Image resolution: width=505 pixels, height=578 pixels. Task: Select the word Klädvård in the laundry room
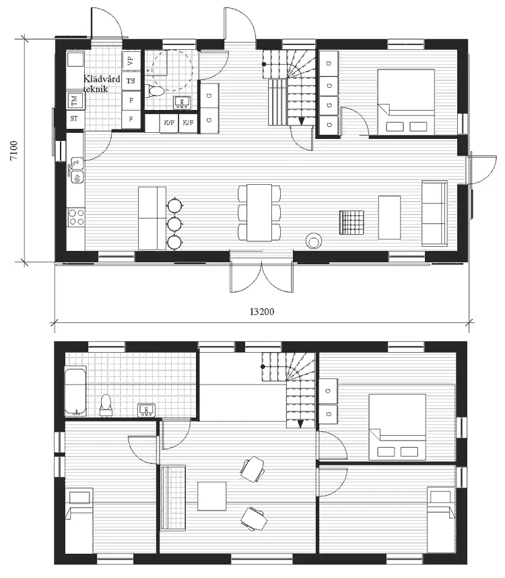pyautogui.click(x=101, y=78)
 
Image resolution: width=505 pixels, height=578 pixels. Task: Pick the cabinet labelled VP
pyautogui.click(x=131, y=61)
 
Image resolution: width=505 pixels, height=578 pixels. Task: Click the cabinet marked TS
pyautogui.click(x=131, y=81)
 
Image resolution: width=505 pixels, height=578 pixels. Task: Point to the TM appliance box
pyautogui.click(x=74, y=101)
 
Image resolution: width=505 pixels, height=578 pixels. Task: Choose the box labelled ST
pyautogui.click(x=74, y=119)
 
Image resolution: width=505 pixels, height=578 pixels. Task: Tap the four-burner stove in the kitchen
pyautogui.click(x=75, y=217)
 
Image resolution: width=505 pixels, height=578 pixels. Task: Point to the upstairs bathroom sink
pyautogui.click(x=146, y=409)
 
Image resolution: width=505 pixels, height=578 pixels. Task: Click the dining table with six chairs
pyautogui.click(x=259, y=212)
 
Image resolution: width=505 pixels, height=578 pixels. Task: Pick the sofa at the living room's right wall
pyautogui.click(x=434, y=213)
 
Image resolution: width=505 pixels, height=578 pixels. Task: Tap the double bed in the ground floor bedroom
pyautogui.click(x=405, y=101)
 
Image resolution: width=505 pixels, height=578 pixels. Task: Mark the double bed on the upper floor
pyautogui.click(x=397, y=427)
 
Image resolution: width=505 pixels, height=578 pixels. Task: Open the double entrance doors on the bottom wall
pyautogui.click(x=262, y=271)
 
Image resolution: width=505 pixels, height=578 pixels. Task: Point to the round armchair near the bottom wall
pyautogui.click(x=314, y=241)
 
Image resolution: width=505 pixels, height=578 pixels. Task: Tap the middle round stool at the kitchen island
pyautogui.click(x=175, y=223)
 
